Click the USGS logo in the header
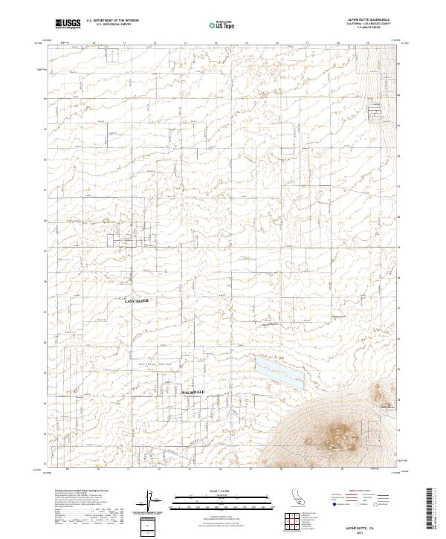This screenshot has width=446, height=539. [68, 24]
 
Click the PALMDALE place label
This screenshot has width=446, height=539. [193, 391]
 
